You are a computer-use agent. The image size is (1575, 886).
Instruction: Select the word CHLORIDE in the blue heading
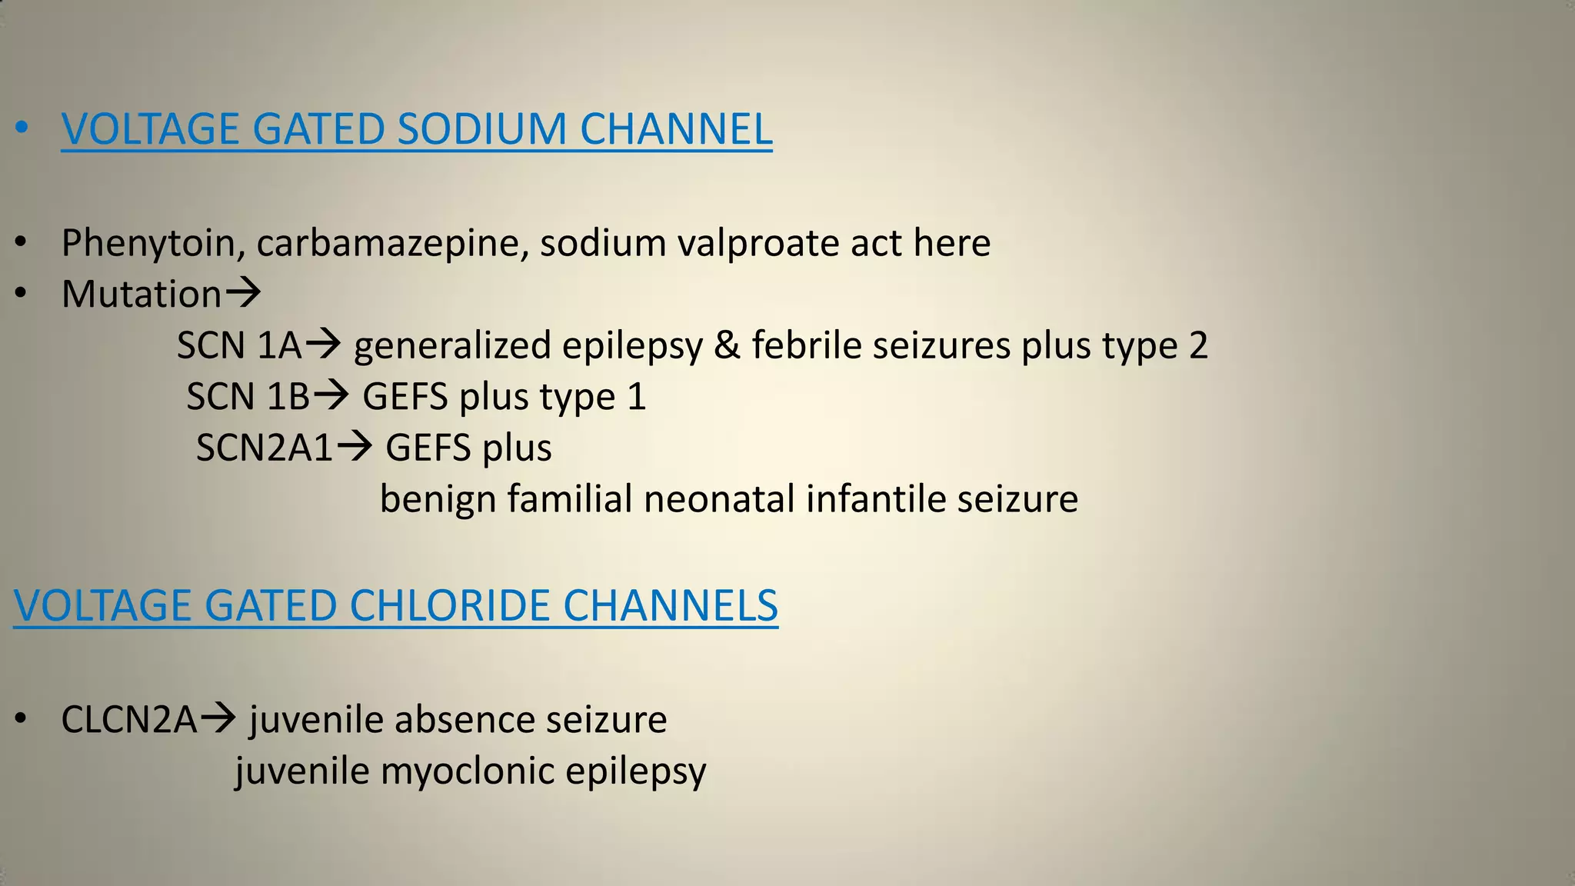coord(449,605)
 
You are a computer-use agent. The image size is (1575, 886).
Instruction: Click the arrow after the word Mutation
coord(242,293)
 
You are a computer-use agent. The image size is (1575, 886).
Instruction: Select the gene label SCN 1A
coord(239,345)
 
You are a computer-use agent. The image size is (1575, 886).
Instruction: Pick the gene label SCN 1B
coord(248,397)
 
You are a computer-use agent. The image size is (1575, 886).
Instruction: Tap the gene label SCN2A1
coord(264,448)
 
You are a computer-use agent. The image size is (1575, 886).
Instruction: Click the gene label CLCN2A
coord(128,720)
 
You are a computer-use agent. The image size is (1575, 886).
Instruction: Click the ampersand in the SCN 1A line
coord(727,345)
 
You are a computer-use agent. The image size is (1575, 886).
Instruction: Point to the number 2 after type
coord(1198,345)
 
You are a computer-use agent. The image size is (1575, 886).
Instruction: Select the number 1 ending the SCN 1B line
coord(636,397)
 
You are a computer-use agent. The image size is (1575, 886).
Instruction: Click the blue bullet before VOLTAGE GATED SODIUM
coord(22,129)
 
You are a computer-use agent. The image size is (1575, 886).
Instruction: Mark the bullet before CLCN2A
coord(22,720)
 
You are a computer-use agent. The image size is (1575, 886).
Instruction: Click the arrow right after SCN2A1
coord(355,446)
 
